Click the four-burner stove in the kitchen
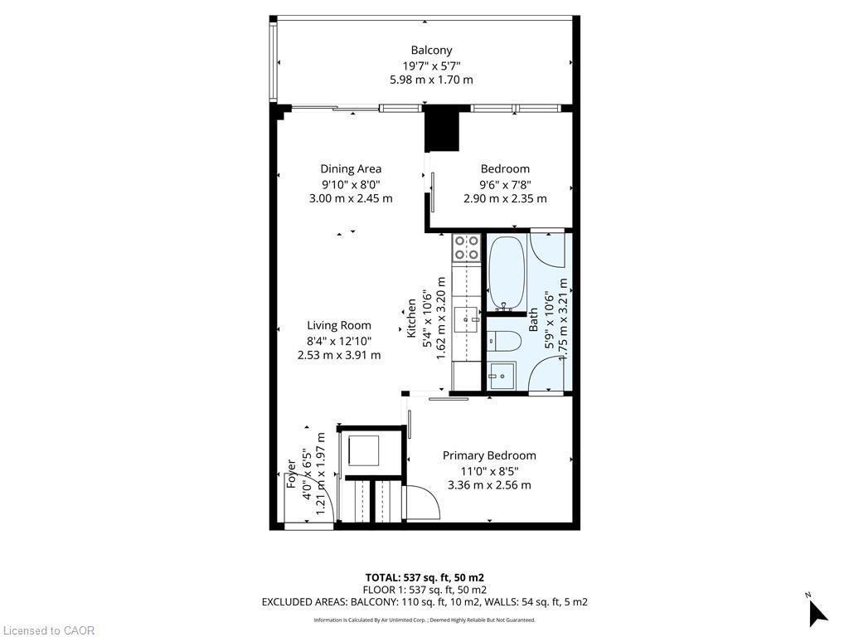[x=466, y=247]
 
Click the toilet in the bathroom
[x=503, y=340]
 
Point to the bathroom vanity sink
[x=502, y=376]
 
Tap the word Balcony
[x=431, y=51]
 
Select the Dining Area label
[x=351, y=169]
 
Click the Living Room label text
[x=339, y=326]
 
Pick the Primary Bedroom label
[x=488, y=455]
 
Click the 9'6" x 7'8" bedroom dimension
[x=505, y=184]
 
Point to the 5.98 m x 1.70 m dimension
[x=431, y=80]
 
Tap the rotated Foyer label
[x=292, y=474]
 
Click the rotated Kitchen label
[x=411, y=318]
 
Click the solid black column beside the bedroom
[x=441, y=130]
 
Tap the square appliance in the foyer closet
[x=362, y=451]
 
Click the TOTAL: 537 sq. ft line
[x=424, y=577]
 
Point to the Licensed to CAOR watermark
[x=48, y=630]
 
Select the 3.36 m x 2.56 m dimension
[x=488, y=485]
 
